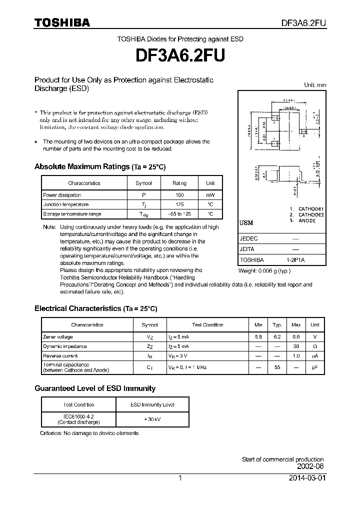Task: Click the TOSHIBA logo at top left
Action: point(62,22)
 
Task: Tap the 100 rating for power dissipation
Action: point(179,195)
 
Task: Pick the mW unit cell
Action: point(210,195)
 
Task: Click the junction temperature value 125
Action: point(179,204)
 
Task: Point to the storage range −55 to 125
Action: point(179,214)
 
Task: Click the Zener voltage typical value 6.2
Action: point(277,337)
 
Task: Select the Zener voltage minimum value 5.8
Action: point(258,337)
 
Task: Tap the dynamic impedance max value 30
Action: point(296,346)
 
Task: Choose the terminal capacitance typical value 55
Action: point(277,367)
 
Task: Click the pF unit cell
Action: point(315,367)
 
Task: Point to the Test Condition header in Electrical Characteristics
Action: point(207,325)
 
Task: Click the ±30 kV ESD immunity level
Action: point(152,419)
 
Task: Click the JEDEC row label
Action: point(249,239)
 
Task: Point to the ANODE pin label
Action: point(307,220)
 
